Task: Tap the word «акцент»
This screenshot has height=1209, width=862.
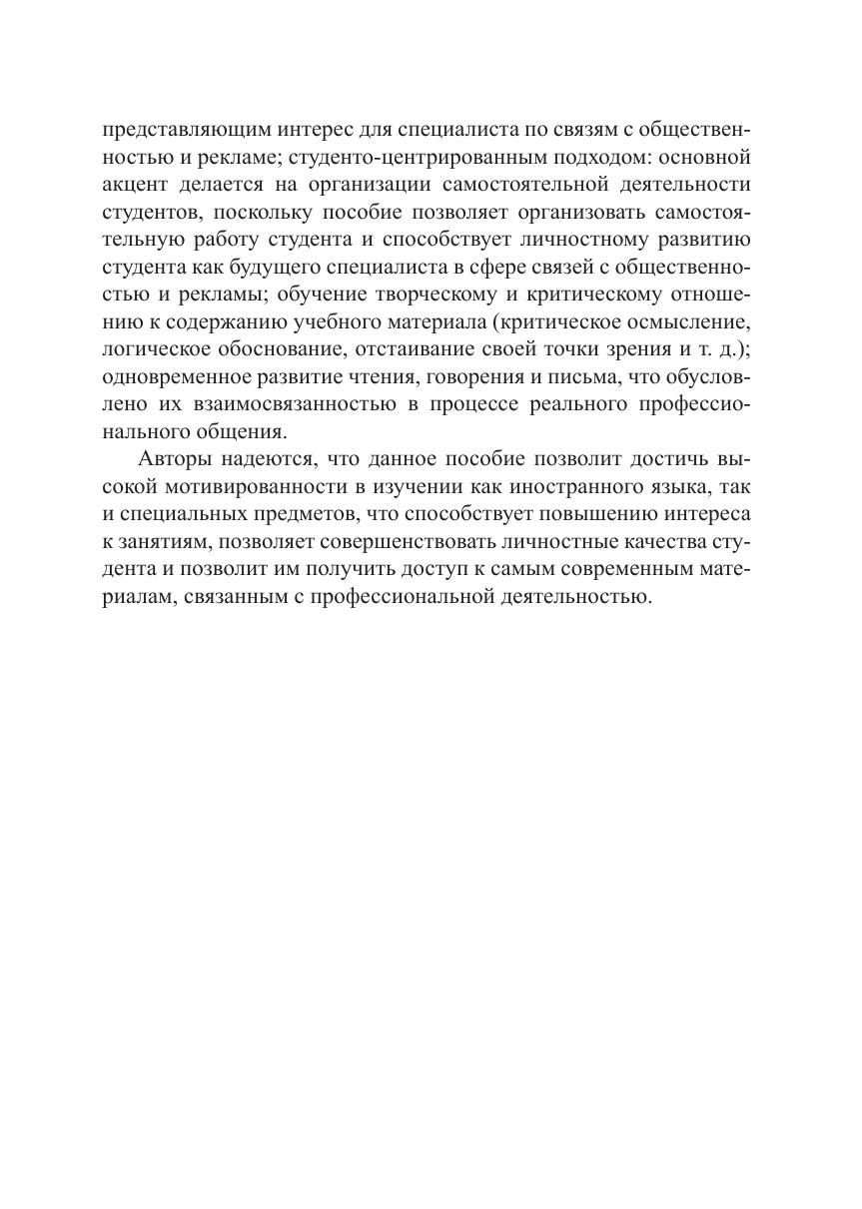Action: (131, 185)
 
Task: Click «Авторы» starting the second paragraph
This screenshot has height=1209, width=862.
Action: (172, 461)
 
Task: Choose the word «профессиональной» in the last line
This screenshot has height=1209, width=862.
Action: (402, 596)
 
